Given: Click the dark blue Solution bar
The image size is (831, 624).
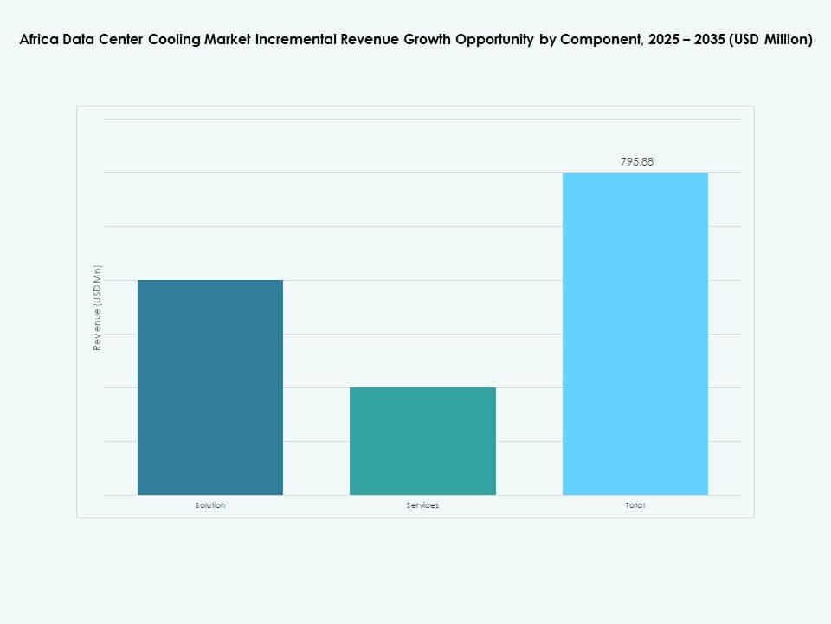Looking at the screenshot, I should (x=210, y=387).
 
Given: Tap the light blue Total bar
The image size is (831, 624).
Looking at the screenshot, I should (x=635, y=334).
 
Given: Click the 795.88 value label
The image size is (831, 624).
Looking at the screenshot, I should (x=636, y=161).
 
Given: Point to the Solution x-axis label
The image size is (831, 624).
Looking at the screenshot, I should (x=210, y=505).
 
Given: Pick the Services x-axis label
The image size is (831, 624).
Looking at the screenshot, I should (x=422, y=505).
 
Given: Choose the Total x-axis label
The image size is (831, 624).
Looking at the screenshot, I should (x=635, y=505).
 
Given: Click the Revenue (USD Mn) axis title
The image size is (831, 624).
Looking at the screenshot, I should (x=98, y=308).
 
